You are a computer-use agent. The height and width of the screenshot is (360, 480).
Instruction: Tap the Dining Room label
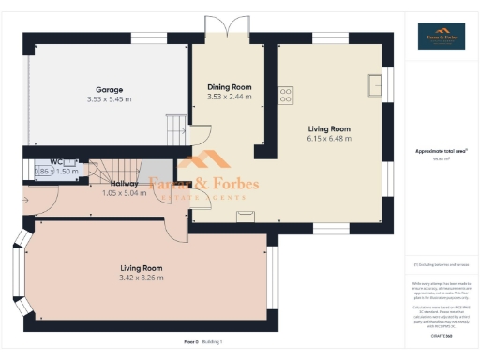point(229,87)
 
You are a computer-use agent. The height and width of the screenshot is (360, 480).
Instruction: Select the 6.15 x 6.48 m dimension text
point(329,138)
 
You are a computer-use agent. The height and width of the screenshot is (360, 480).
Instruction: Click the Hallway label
point(125,184)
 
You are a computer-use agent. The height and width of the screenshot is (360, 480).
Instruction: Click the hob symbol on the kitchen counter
point(285,95)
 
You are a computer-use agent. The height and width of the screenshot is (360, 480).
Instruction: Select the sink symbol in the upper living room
point(375,85)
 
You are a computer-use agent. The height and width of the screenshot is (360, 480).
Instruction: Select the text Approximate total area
point(442,151)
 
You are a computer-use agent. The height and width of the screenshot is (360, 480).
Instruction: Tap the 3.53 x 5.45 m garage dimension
point(110,99)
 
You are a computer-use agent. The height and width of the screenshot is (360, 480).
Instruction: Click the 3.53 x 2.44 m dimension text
point(229,97)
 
